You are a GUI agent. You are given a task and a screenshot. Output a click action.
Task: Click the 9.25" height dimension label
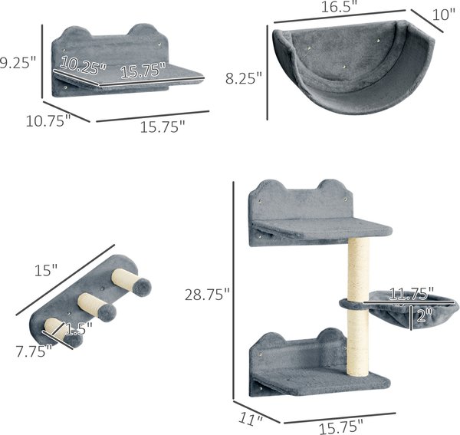click(17, 63)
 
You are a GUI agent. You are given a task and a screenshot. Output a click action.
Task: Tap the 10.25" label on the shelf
click(83, 66)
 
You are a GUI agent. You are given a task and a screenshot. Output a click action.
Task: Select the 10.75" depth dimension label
click(48, 120)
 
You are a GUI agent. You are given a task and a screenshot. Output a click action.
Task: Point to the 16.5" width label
click(341, 6)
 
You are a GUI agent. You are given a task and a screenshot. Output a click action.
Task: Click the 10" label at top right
click(444, 15)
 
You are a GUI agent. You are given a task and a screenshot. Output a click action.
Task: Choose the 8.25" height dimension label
click(244, 78)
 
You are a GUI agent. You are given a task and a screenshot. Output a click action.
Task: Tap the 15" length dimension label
click(46, 270)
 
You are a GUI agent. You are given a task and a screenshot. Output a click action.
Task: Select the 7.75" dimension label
click(34, 351)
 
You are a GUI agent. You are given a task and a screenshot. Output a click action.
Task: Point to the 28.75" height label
click(207, 295)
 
